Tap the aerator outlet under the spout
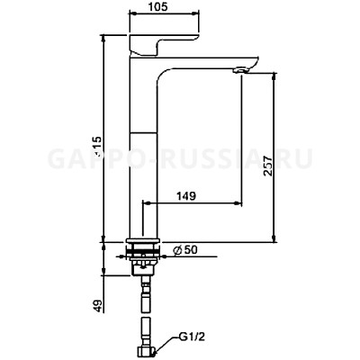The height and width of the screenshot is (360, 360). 240,70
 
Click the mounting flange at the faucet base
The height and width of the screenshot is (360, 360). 145,246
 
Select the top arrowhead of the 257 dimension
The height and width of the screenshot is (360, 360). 270,76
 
